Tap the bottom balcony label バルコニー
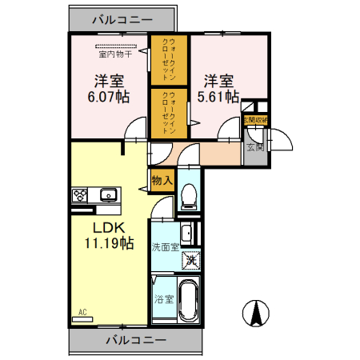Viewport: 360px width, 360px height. point(135,339)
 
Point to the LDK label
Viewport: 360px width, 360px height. point(102,227)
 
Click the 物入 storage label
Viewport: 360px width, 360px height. point(162,181)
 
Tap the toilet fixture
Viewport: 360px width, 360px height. point(189,194)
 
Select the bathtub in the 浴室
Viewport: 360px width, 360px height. point(190,302)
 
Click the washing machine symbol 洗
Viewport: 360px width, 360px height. point(191,258)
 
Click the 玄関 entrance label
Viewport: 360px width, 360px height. point(254,146)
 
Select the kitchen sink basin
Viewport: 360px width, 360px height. point(108,194)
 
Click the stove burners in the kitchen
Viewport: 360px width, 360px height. point(82,194)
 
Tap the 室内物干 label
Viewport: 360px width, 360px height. point(116,55)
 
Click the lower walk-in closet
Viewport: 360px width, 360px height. point(170,113)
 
